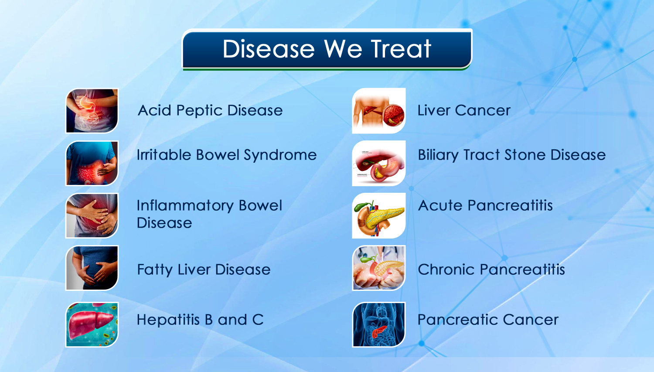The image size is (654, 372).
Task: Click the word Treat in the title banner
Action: click(x=401, y=49)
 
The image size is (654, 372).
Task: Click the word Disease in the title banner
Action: click(x=269, y=49)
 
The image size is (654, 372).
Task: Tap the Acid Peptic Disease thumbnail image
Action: click(x=92, y=111)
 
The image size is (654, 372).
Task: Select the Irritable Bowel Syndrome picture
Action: click(x=92, y=163)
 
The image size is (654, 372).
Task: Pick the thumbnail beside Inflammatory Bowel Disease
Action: click(x=92, y=215)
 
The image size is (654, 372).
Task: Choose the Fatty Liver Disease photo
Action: click(x=92, y=268)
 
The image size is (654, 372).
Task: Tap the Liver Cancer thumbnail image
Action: click(x=379, y=111)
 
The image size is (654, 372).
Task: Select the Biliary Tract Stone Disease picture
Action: click(x=379, y=163)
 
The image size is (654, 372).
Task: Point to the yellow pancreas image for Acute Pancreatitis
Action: click(x=379, y=215)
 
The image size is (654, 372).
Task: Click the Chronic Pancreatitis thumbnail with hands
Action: click(x=379, y=268)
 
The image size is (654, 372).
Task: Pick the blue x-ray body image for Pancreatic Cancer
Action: click(x=379, y=324)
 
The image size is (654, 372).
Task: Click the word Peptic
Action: click(x=199, y=111)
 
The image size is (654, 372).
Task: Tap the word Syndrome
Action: click(x=280, y=156)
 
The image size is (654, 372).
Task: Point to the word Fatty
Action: click(x=155, y=270)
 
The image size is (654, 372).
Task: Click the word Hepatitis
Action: click(x=168, y=320)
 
